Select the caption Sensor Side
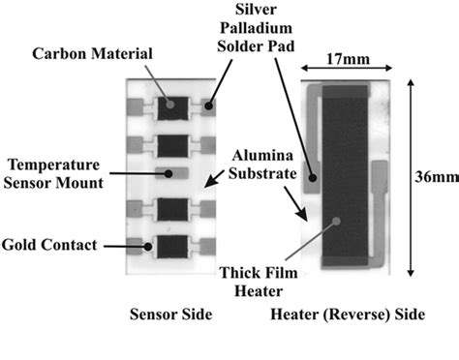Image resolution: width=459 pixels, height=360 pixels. (169, 316)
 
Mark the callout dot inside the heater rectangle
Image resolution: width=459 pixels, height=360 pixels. (335, 222)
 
